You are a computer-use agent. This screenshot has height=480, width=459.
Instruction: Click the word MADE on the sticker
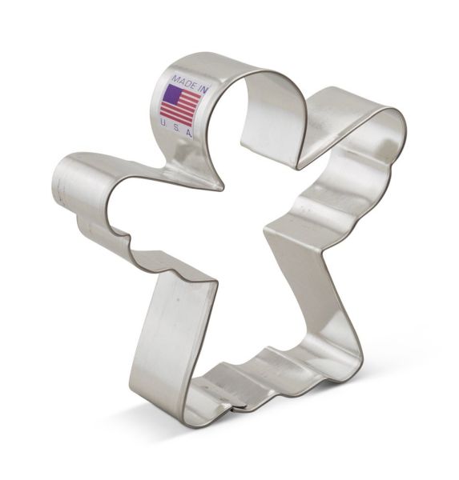click(183, 81)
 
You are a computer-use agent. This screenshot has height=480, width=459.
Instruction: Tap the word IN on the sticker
click(203, 89)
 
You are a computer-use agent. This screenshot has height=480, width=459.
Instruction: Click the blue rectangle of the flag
click(172, 94)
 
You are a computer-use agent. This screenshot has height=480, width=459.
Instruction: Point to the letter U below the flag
click(163, 122)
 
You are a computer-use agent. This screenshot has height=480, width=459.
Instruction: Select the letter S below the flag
click(175, 128)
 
